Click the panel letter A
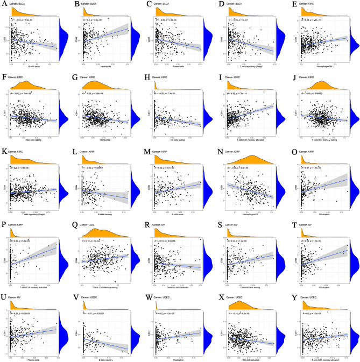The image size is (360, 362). [3, 3]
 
